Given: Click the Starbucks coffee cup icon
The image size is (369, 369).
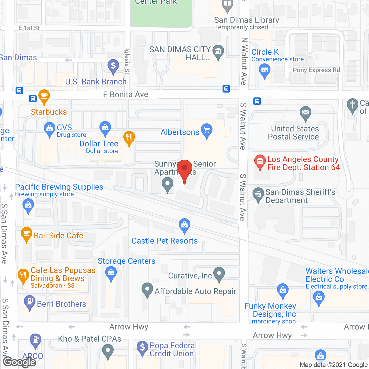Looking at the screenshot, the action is click(x=44, y=96).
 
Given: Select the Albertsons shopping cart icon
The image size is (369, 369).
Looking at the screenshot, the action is click(x=207, y=130).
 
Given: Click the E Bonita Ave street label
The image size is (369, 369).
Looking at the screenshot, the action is click(x=126, y=95).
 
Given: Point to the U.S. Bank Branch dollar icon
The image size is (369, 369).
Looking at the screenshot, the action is click(x=113, y=66).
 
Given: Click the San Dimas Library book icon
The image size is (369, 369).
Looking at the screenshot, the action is click(x=227, y=4).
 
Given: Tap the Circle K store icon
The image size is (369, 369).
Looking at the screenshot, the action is click(x=264, y=70).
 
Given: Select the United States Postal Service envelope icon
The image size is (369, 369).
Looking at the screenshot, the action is click(x=306, y=112).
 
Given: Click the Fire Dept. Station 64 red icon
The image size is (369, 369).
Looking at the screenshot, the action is click(x=260, y=161).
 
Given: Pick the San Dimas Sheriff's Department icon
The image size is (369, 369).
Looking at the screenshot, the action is click(x=258, y=194).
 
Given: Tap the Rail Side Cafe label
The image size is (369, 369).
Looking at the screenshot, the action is click(x=59, y=236).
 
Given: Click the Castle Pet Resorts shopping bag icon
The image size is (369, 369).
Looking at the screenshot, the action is click(x=184, y=225).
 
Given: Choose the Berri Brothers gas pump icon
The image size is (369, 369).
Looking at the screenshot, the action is click(x=29, y=302).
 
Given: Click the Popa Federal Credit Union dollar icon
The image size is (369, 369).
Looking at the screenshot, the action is click(x=142, y=347).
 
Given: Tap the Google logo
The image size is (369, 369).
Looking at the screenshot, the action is click(x=20, y=362).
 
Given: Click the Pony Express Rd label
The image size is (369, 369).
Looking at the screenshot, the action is click(x=316, y=70).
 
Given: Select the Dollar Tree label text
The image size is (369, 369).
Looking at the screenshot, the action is click(x=99, y=144).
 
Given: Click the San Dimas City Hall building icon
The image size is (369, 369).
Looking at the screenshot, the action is click(x=218, y=52).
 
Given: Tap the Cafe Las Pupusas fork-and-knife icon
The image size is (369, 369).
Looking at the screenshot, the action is click(x=23, y=275).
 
